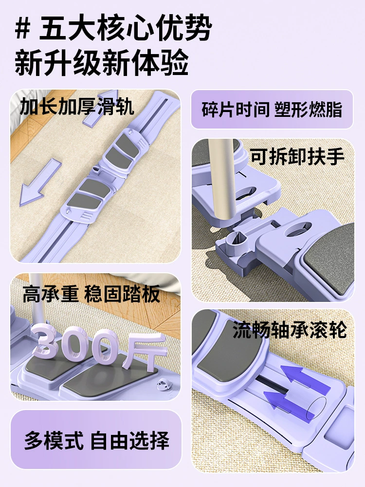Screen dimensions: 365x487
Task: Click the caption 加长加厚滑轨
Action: (77, 106)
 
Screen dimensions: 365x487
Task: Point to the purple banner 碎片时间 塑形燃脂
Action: (272, 109)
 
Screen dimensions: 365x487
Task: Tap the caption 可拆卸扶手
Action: (297, 156)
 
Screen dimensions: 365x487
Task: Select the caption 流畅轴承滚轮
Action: (290, 330)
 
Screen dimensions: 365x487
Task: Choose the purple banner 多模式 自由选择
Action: (96, 440)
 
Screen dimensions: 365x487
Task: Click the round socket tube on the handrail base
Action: (236, 240)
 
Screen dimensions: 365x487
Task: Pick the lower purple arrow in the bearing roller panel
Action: (289, 406)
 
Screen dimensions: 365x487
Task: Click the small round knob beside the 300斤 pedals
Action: (164, 385)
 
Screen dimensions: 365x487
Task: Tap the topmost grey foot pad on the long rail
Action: (128, 145)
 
